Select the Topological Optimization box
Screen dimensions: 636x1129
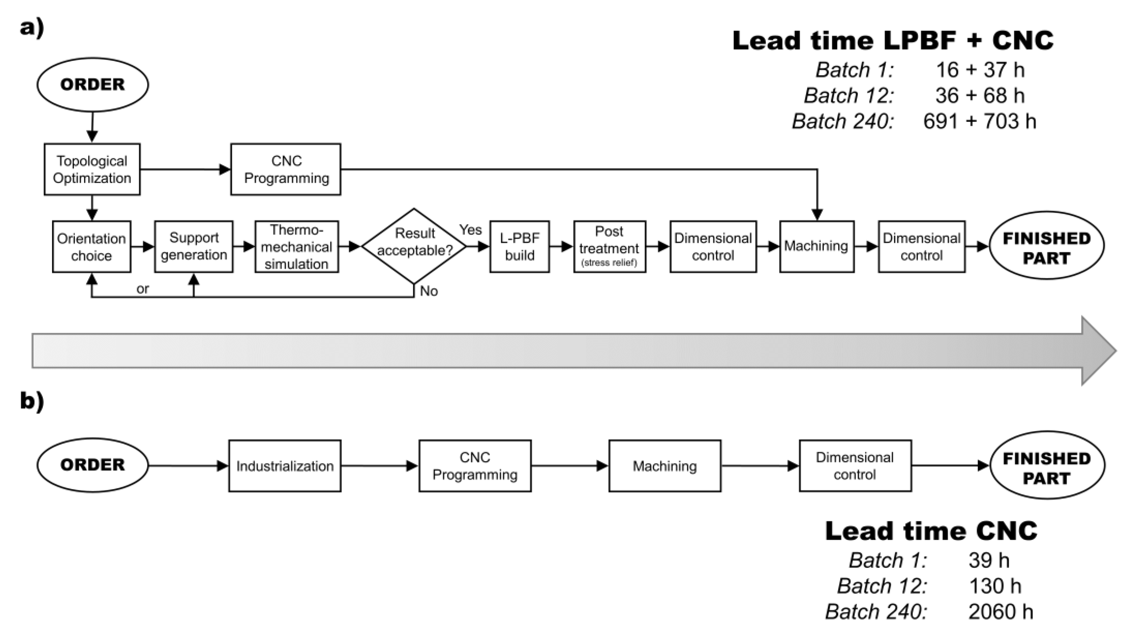point(92,169)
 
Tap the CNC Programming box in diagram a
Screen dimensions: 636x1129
point(286,169)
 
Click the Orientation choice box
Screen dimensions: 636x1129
point(91,247)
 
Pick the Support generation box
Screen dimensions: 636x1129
point(194,247)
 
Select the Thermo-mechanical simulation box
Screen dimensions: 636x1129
point(297,247)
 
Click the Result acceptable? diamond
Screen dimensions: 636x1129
point(414,246)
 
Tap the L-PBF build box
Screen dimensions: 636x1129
point(519,247)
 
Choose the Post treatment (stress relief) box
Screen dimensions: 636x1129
point(610,247)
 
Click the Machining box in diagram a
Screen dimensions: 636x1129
point(816,247)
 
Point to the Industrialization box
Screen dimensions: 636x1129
point(285,466)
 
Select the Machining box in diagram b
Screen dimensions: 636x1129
point(665,466)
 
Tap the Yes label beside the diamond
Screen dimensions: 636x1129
point(470,230)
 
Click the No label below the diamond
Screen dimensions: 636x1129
point(429,291)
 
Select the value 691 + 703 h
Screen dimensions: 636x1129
point(979,121)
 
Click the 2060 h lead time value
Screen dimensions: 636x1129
point(1000,612)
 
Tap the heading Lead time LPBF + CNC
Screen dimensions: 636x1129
point(893,41)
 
